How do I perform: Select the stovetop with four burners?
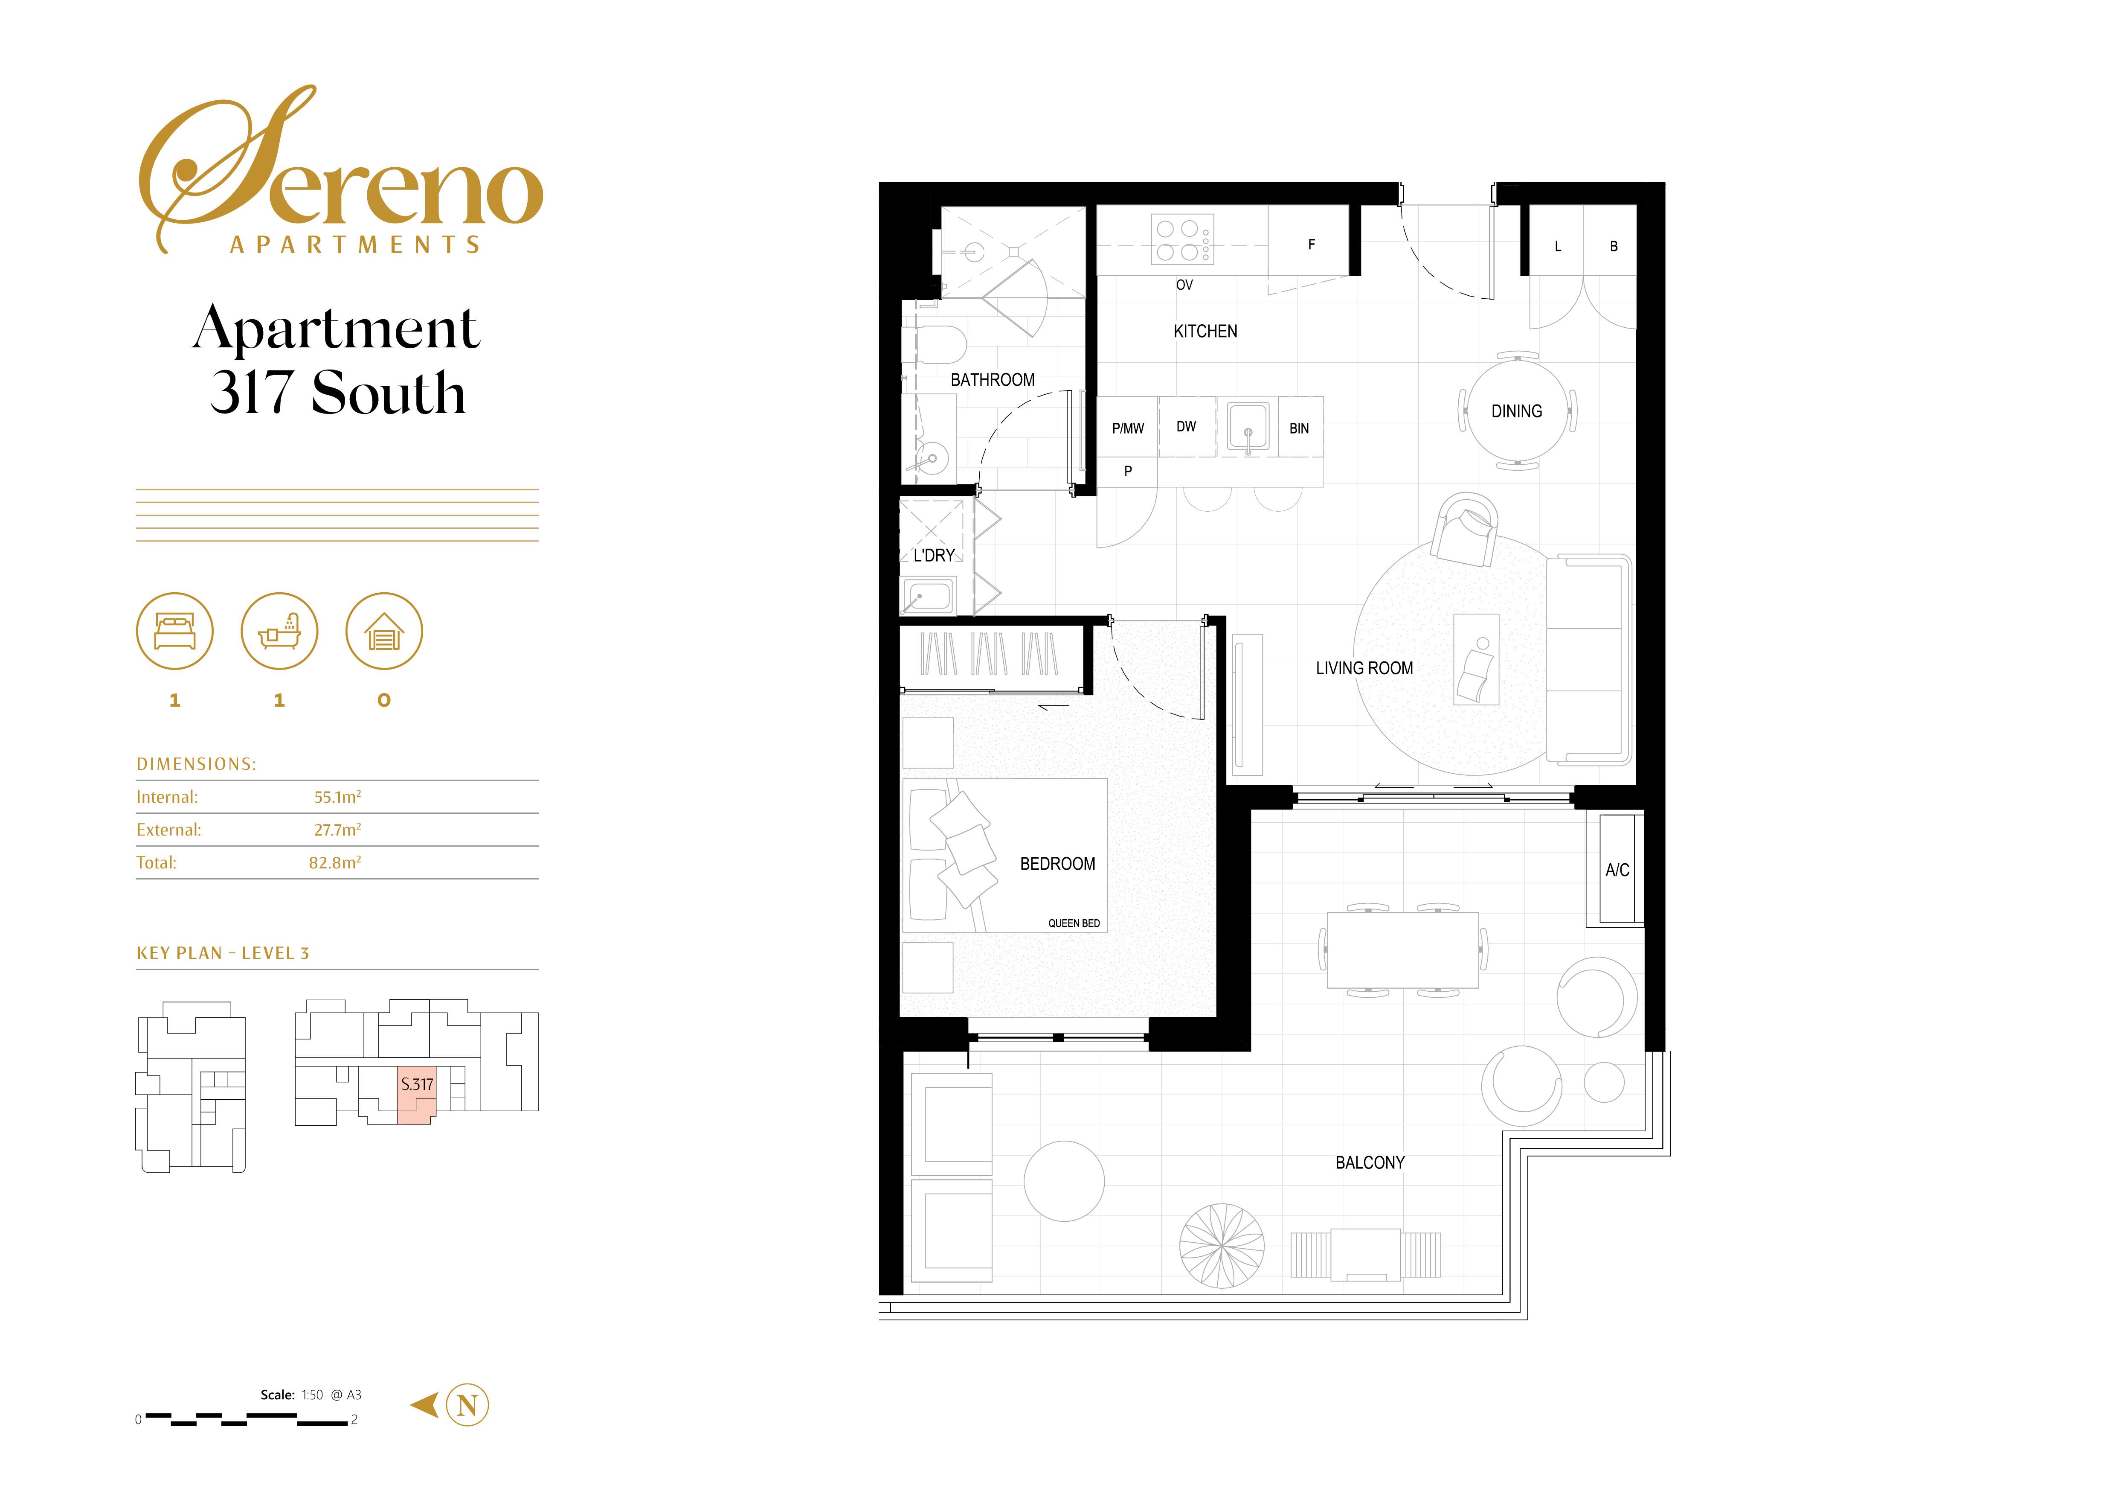[1182, 240]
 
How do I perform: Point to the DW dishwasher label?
[1186, 427]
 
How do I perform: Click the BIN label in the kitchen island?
[1298, 428]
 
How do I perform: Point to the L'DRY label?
[934, 555]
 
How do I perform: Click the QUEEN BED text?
[1074, 923]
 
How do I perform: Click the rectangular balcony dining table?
[1403, 949]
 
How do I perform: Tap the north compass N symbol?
[467, 1406]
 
